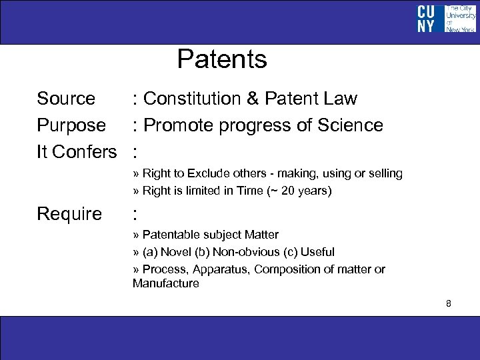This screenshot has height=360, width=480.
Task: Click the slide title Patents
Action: click(222, 59)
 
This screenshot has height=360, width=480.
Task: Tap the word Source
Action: click(66, 99)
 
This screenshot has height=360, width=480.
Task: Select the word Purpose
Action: click(71, 125)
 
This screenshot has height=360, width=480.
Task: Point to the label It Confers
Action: click(77, 152)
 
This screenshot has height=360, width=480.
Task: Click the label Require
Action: click(69, 214)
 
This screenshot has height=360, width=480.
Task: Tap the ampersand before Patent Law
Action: click(253, 99)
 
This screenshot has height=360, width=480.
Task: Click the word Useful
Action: click(317, 252)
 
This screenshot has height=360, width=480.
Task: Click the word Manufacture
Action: click(165, 283)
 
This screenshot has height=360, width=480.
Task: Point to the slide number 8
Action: click(449, 303)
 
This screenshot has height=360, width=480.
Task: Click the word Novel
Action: click(175, 252)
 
